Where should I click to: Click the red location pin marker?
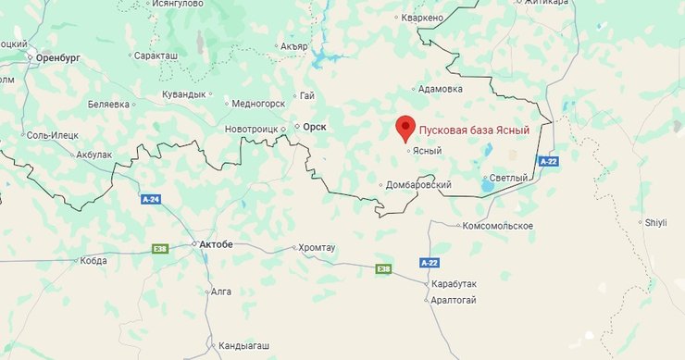(405, 128)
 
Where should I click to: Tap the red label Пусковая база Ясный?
(474, 130)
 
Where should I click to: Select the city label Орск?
(315, 126)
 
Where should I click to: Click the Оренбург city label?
(60, 57)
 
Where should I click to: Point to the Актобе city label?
(216, 244)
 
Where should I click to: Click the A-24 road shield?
(151, 199)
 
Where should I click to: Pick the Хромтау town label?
(318, 248)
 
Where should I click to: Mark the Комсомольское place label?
(498, 226)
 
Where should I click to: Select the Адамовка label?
(441, 89)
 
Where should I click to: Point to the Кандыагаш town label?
(244, 346)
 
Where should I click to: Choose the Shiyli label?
(655, 222)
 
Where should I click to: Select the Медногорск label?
(258, 104)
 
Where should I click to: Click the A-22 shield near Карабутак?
(429, 263)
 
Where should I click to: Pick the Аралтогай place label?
(454, 299)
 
